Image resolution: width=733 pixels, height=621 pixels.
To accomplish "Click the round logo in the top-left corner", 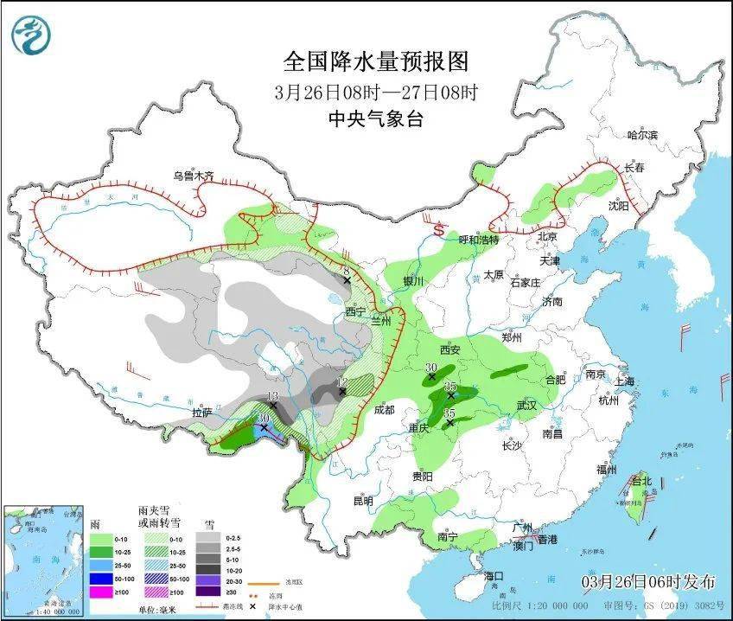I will pyautogui.click(x=31, y=35).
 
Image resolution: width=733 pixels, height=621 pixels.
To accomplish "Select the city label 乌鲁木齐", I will pyautogui.click(x=192, y=176).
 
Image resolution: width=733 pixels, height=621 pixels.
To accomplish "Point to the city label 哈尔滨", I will pyautogui.click(x=642, y=135).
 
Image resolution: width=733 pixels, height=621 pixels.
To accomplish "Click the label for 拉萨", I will pyautogui.click(x=201, y=413).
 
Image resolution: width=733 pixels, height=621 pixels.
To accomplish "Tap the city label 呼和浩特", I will pyautogui.click(x=478, y=240).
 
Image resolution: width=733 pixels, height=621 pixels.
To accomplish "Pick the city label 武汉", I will pyautogui.click(x=526, y=406).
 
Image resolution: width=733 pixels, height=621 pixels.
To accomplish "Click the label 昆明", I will pyautogui.click(x=363, y=501).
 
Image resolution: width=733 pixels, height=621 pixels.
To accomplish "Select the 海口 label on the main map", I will pyautogui.click(x=494, y=575).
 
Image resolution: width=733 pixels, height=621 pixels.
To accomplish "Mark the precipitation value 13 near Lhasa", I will pyautogui.click(x=272, y=396).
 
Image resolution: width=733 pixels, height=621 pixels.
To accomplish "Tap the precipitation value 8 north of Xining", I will pyautogui.click(x=346, y=272).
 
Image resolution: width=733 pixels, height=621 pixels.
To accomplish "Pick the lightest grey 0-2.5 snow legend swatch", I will pyautogui.click(x=207, y=537).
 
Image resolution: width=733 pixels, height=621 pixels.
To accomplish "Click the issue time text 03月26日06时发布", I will pyautogui.click(x=648, y=579).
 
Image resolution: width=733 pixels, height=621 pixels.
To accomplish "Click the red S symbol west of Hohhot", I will pyautogui.click(x=439, y=231).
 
